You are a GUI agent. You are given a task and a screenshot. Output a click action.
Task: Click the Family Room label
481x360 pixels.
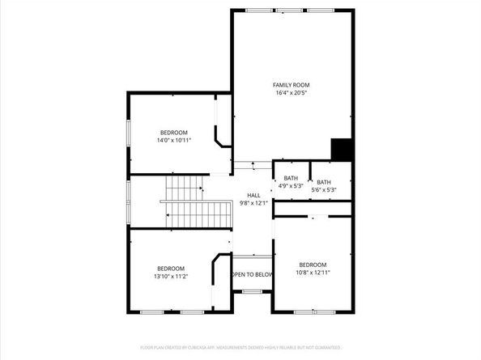pyautogui.click(x=291, y=85)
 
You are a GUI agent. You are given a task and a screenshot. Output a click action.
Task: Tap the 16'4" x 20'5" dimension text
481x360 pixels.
pyautogui.click(x=291, y=93)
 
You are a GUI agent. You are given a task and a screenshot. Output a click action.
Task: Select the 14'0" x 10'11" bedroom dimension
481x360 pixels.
pyautogui.click(x=173, y=140)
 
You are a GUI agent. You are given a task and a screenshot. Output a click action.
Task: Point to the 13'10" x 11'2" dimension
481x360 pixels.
pyautogui.click(x=172, y=276)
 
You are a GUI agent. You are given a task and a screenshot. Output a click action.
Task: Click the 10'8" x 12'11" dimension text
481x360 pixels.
pyautogui.click(x=313, y=273)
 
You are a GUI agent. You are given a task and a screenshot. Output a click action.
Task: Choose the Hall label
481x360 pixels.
pyautogui.click(x=253, y=195)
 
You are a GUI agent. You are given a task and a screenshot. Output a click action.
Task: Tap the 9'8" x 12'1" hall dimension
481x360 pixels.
pyautogui.click(x=253, y=203)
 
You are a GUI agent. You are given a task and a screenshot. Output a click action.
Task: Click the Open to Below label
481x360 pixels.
pyautogui.click(x=251, y=274)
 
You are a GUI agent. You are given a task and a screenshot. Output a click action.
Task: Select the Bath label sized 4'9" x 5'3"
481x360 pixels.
pyautogui.click(x=291, y=178)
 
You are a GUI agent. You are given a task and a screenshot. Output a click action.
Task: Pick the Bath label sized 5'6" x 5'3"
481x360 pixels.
pyautogui.click(x=324, y=182)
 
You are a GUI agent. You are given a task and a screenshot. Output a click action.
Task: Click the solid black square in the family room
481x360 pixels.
pyautogui.click(x=342, y=150)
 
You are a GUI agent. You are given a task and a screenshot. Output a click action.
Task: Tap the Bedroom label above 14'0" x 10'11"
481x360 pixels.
pyautogui.click(x=173, y=132)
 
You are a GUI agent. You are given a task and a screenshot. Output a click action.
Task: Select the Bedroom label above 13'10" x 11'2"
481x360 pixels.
pyautogui.click(x=171, y=268)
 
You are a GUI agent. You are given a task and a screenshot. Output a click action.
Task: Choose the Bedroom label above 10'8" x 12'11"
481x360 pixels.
pyautogui.click(x=313, y=265)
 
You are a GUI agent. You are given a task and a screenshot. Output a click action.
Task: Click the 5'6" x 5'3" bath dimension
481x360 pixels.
pyautogui.click(x=324, y=190)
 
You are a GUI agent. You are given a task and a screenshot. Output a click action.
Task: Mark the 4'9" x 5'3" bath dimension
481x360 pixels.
pyautogui.click(x=291, y=186)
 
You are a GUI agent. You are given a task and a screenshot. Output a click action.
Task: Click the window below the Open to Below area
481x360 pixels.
pyautogui.click(x=252, y=291)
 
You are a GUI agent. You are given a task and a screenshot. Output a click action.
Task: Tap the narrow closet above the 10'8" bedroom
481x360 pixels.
pyautogui.click(x=313, y=209)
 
